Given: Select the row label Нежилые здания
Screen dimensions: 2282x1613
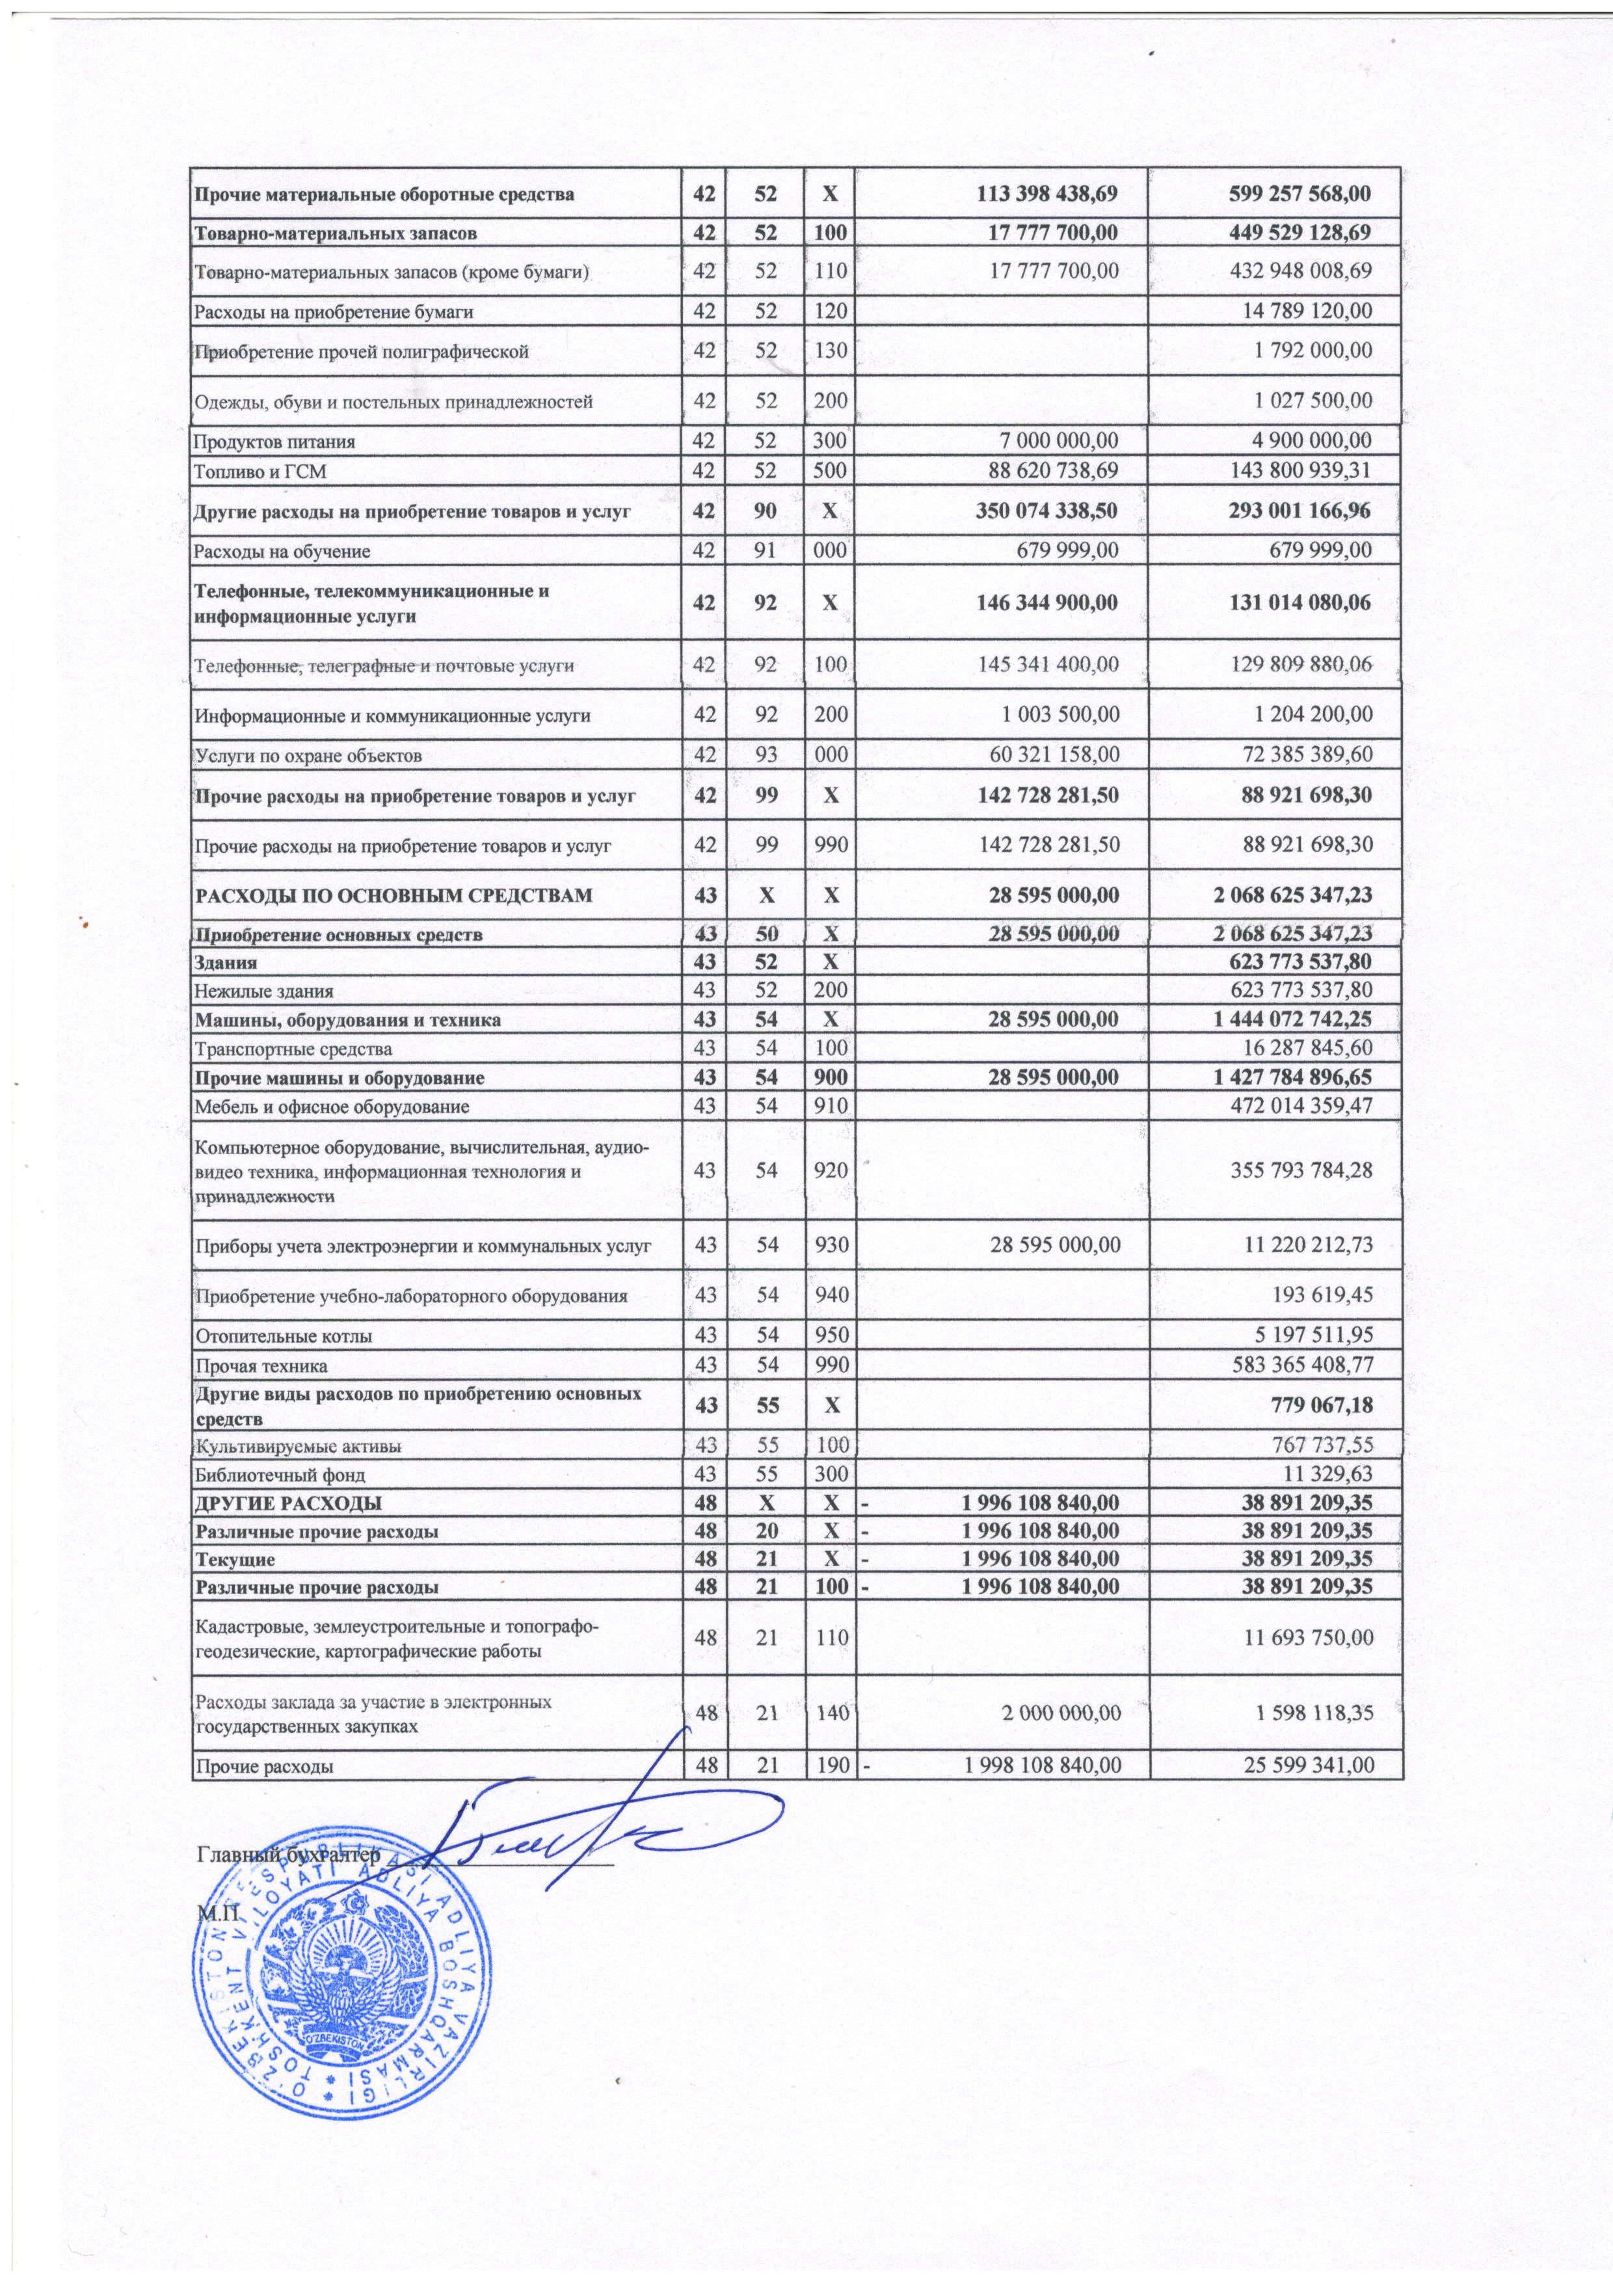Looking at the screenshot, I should point(264,991).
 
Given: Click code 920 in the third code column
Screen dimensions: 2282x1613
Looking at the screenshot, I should point(833,1171).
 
